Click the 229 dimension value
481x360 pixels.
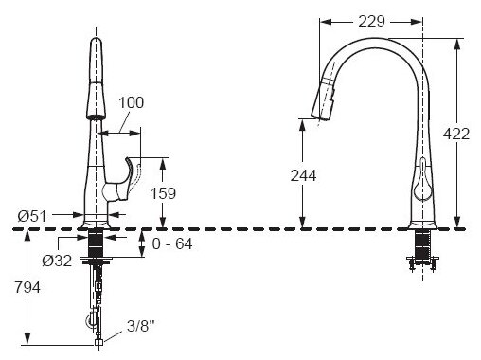point(371,22)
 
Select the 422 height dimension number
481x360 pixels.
point(456,134)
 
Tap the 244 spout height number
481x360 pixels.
point(303,175)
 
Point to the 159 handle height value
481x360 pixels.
point(163,193)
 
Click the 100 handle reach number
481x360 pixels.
point(131,102)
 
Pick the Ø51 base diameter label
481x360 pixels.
point(32,216)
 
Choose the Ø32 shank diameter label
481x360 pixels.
point(57,261)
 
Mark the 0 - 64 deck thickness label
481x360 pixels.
point(172,243)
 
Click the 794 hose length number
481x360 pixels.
point(27,287)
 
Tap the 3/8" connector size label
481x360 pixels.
point(141,326)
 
